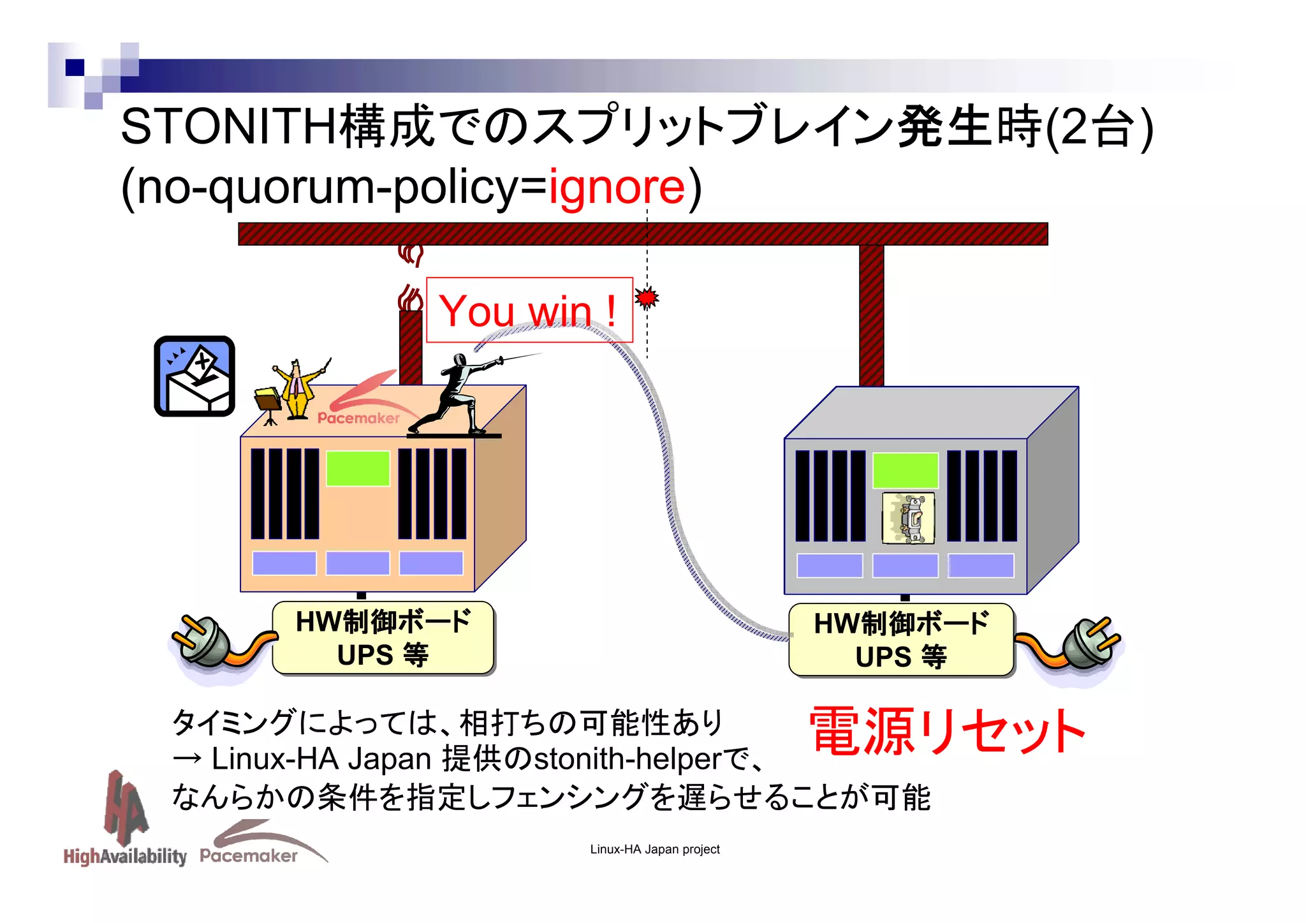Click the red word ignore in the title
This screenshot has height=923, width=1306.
(616, 188)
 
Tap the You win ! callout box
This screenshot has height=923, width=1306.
(529, 310)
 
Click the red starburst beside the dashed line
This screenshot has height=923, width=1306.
(647, 297)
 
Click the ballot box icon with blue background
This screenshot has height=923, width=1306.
(194, 376)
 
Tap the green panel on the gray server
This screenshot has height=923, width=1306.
(905, 471)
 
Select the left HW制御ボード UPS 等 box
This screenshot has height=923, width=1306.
(383, 638)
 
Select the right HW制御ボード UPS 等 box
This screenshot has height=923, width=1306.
(900, 640)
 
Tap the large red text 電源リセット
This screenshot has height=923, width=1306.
(946, 732)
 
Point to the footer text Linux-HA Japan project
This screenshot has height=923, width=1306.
(654, 850)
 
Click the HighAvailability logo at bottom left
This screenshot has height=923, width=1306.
(125, 823)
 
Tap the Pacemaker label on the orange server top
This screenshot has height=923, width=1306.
(358, 418)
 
